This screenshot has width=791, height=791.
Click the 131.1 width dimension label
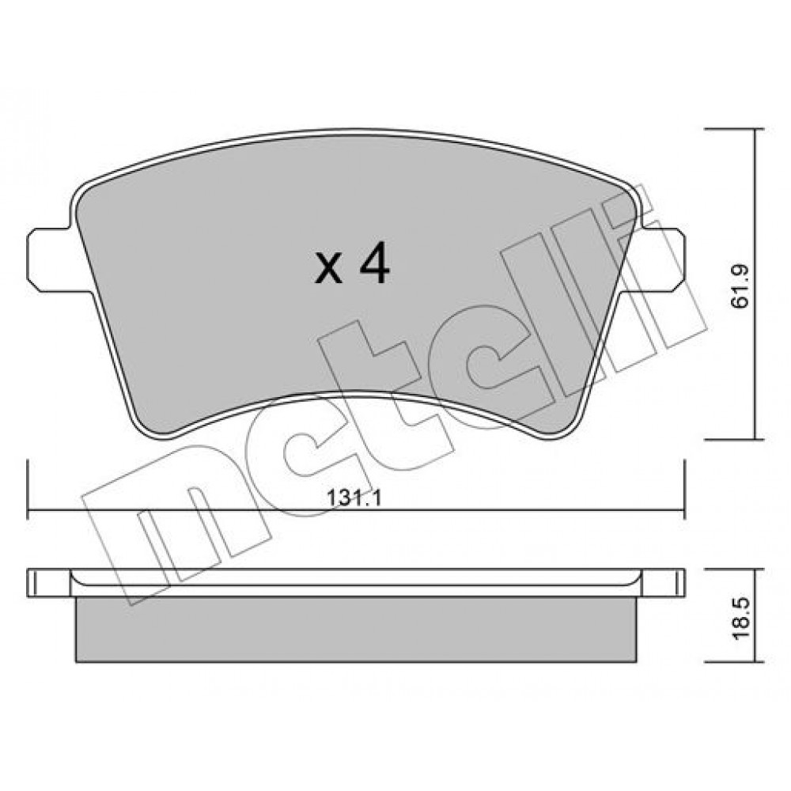pos(355,498)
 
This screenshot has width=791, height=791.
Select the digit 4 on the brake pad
pos(374,263)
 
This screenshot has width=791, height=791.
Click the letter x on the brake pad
pos(328,269)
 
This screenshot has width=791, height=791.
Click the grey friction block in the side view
pos(356,630)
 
